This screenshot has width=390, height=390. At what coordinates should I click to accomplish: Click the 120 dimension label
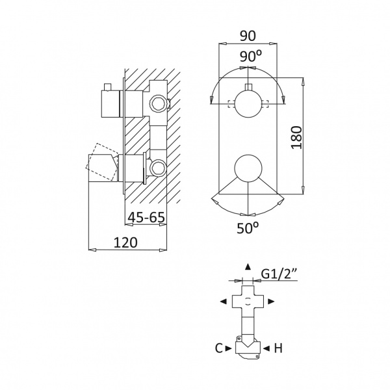tap(125, 242)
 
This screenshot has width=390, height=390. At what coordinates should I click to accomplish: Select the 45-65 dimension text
tap(146, 217)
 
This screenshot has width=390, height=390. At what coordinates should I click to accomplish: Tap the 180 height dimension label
tap(296, 138)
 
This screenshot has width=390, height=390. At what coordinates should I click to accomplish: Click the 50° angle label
tap(248, 228)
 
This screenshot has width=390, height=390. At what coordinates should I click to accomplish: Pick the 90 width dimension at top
tap(248, 36)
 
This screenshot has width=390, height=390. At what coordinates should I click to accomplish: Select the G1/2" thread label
tap(279, 274)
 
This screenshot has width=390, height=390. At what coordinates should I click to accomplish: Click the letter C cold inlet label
tap(218, 348)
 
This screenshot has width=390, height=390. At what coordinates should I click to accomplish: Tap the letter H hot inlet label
tap(278, 348)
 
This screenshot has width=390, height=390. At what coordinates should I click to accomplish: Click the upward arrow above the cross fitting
tap(248, 266)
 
